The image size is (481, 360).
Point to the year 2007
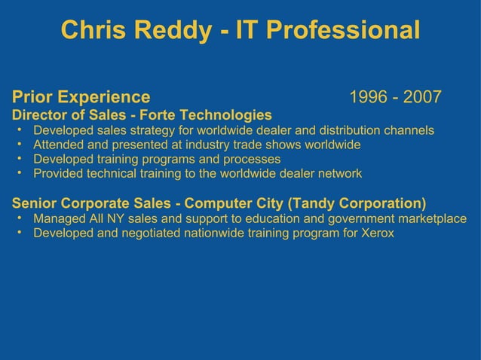pyautogui.click(x=422, y=98)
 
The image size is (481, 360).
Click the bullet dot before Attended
pyautogui.click(x=18, y=144)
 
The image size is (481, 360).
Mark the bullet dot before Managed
pyautogui.click(x=18, y=218)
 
